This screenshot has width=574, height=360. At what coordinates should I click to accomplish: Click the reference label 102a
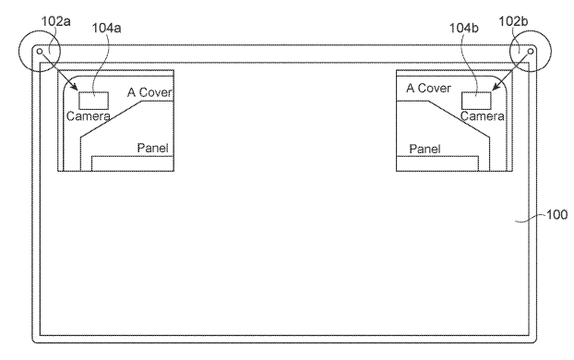(34, 16)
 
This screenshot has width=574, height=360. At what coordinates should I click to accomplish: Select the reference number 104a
(107, 30)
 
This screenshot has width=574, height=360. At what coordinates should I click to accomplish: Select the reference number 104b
(464, 30)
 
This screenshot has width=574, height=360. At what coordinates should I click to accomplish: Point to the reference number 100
(556, 215)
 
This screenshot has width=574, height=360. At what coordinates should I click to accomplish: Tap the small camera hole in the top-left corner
(39, 52)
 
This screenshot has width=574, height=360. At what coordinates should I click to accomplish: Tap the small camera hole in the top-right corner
(532, 52)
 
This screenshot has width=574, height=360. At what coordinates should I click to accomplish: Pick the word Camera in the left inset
(88, 116)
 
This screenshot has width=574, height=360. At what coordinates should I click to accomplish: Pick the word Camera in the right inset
(482, 116)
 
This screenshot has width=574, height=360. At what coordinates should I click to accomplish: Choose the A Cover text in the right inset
(428, 89)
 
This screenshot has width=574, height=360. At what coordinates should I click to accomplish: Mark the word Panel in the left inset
(151, 148)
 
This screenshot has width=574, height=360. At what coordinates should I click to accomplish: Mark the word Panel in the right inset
(424, 148)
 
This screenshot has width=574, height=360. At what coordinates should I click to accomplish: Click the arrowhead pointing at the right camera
(496, 89)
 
